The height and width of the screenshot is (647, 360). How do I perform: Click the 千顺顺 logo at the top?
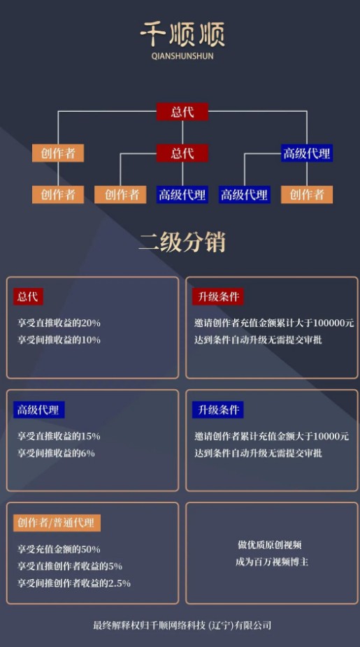tap(182, 35)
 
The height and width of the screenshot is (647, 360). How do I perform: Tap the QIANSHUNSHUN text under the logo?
tap(182, 56)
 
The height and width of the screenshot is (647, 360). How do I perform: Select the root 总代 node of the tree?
tap(182, 112)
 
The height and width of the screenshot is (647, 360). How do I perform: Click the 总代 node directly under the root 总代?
tap(182, 153)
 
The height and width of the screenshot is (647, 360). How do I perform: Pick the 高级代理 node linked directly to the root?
tap(307, 153)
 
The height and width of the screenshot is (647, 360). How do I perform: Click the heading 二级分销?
tap(182, 242)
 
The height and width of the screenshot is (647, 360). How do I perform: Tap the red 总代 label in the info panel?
tap(28, 297)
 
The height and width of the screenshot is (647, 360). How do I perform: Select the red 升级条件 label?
tap(218, 297)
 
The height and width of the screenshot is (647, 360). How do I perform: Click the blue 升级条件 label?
tap(218, 409)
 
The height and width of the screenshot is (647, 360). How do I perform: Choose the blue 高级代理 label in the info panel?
tap(39, 409)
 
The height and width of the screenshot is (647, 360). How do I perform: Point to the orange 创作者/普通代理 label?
tap(57, 523)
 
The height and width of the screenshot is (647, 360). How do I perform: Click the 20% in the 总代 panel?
tap(91, 323)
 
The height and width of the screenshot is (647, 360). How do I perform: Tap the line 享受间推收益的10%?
tap(59, 340)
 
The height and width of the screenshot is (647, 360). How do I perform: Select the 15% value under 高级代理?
tap(91, 436)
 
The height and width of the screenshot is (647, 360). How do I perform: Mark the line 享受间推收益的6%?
tap(56, 453)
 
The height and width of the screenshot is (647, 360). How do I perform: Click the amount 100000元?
tap(333, 323)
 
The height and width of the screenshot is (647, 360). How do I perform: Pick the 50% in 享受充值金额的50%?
tap(91, 549)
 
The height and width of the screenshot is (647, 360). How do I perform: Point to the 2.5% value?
tap(120, 583)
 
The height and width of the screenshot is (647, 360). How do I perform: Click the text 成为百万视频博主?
tap(272, 562)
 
